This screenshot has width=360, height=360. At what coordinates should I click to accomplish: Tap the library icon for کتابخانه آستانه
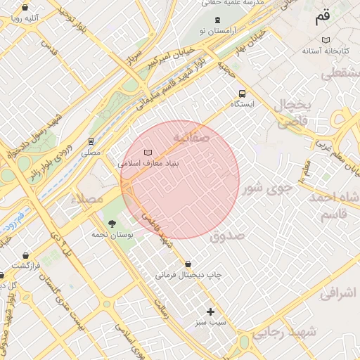click(324, 40)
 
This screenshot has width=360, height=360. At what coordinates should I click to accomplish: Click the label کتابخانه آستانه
click(323, 51)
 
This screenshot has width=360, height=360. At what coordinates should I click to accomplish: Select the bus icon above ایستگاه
click(243, 93)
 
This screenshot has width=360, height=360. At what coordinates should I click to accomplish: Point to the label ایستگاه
click(243, 104)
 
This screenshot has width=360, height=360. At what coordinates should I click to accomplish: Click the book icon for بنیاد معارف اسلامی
click(148, 153)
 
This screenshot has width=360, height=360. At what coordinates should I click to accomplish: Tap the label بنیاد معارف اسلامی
click(148, 163)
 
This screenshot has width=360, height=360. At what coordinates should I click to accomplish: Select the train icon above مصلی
click(91, 141)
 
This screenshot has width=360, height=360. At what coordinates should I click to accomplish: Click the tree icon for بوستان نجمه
click(112, 224)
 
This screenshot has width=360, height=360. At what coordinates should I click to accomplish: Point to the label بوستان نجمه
click(112, 235)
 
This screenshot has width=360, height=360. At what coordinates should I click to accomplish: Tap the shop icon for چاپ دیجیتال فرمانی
click(188, 264)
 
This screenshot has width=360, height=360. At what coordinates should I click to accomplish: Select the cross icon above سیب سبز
click(210, 311)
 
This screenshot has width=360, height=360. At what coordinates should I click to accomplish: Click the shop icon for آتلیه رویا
click(25, 8)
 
